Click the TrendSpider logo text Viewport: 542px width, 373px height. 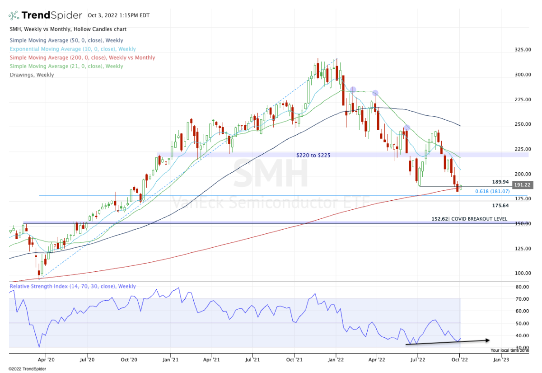52,15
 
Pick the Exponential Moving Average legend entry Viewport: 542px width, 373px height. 72,49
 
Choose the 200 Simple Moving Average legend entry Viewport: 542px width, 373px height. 82,57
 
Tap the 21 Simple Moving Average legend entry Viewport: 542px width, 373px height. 66,66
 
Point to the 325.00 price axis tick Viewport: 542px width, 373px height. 522,49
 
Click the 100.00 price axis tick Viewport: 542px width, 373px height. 522,273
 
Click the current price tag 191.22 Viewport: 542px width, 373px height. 522,185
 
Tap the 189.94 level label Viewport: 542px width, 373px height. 500,181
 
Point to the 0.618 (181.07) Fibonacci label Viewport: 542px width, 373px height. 492,191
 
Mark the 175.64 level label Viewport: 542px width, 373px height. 500,205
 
